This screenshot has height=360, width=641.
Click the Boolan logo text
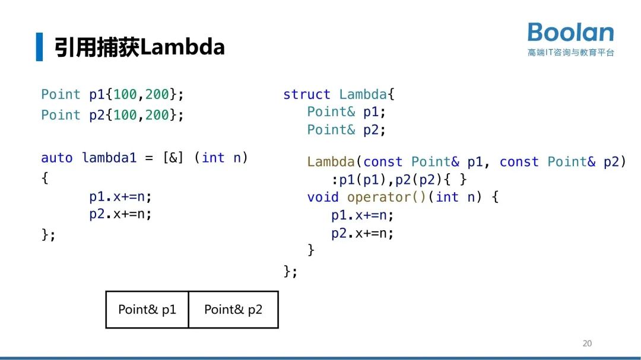tap(570, 33)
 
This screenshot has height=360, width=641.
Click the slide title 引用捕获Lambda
tap(139, 47)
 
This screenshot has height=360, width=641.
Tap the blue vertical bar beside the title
tap(39, 47)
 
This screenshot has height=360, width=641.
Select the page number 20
tap(587, 343)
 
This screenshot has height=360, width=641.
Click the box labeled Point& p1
tap(147, 310)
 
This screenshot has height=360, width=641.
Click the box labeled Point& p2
tap(233, 310)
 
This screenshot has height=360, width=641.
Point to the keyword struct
tap(306, 94)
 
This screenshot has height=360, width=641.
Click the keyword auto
tap(56, 158)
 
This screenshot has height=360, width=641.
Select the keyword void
tap(323, 197)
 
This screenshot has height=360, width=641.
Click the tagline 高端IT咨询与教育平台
tap(570, 53)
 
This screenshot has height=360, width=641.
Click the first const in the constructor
tap(383, 162)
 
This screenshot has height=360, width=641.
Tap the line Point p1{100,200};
tap(113, 94)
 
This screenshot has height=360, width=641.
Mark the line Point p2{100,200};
tap(113, 115)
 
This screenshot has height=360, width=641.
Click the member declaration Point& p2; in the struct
tap(346, 130)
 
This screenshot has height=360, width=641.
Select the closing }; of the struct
tap(290, 271)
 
